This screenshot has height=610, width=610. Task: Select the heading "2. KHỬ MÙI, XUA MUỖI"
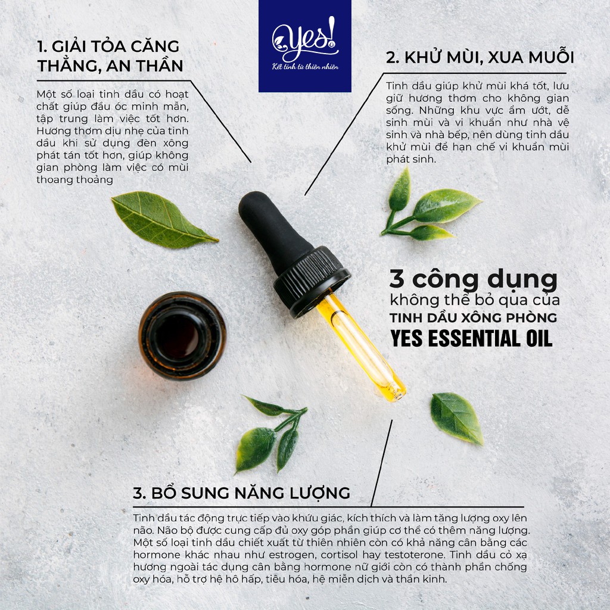click(x=480, y=58)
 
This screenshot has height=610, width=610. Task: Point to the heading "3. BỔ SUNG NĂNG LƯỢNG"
click(x=241, y=493)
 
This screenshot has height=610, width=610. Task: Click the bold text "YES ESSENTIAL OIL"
click(x=471, y=338)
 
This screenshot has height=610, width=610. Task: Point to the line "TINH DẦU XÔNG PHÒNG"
click(x=474, y=317)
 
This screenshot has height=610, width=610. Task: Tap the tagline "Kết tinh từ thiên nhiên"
click(x=304, y=67)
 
